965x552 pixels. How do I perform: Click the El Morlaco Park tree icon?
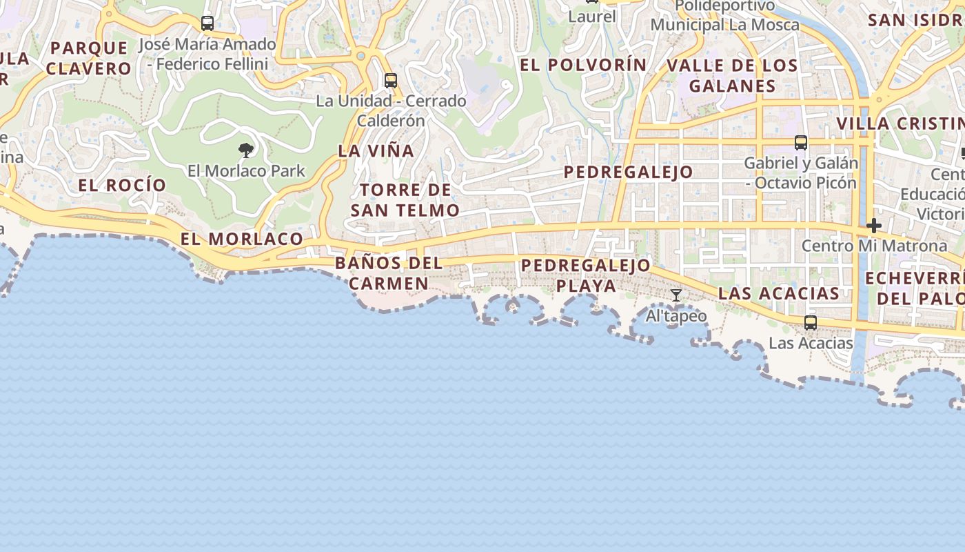click(x=245, y=150)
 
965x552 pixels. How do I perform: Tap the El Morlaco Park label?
click(x=246, y=170)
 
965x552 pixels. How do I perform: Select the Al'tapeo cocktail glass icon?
click(x=676, y=295)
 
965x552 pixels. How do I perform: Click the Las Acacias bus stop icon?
click(x=811, y=322)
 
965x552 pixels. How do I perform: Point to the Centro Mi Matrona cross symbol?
click(x=874, y=226)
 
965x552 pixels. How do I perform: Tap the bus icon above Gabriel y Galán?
click(x=800, y=143)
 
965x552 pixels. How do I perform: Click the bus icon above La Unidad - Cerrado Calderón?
click(x=391, y=80)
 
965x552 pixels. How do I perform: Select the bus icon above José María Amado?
click(x=207, y=23)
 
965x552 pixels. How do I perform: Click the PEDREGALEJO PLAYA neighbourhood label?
click(x=586, y=275)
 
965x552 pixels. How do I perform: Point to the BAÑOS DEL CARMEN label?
click(x=389, y=273)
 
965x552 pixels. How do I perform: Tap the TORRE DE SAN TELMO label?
click(x=405, y=200)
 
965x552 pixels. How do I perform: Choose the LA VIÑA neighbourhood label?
click(x=376, y=150)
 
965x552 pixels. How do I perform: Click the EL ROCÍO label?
click(x=122, y=185)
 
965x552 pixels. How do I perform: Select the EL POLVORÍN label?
click(x=583, y=65)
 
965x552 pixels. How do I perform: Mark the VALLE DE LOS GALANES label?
click(x=732, y=76)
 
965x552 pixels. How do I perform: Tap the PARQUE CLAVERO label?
click(x=89, y=58)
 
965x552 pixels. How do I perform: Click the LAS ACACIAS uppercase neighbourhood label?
click(x=779, y=293)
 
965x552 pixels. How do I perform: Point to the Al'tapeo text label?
click(x=676, y=316)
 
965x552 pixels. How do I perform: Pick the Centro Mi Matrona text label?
click(x=874, y=246)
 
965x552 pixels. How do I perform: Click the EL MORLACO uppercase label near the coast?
click(x=242, y=239)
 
